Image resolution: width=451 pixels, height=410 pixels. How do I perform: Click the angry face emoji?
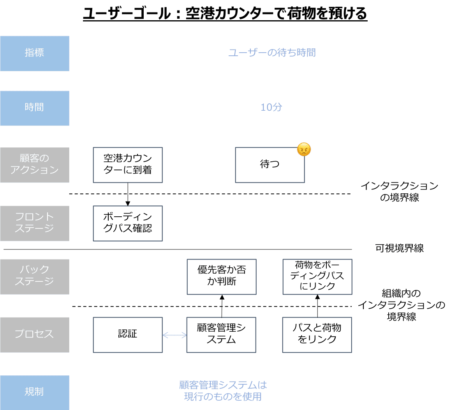304,150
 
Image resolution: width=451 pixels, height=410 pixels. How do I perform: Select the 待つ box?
270,165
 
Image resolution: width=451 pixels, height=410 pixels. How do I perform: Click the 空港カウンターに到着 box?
128,165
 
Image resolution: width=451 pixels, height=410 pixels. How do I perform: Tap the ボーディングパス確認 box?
128,223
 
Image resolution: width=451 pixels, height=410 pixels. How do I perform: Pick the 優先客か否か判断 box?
222,277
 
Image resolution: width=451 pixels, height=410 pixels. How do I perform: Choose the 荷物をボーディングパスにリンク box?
317,276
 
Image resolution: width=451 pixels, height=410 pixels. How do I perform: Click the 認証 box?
128,335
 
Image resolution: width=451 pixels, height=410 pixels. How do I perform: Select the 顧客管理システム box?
221,335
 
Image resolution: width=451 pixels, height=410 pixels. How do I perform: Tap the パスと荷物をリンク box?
317,335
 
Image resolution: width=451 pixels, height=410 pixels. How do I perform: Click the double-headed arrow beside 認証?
174,335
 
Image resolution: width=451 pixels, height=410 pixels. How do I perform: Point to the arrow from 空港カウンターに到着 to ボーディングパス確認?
128,194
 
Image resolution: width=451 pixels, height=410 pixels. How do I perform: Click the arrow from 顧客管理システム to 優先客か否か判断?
222,306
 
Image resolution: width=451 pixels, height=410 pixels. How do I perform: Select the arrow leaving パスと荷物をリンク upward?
317,306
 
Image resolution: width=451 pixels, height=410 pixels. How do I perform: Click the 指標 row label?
35,53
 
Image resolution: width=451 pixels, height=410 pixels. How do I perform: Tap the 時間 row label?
35,108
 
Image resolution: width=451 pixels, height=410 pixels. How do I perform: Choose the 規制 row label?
35,392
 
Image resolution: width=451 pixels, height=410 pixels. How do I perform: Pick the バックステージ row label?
35,276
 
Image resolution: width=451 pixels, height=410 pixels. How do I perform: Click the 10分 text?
271,108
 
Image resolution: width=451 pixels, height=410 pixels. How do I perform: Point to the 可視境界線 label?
399,248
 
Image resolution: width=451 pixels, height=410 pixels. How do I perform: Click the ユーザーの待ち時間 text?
272,53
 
